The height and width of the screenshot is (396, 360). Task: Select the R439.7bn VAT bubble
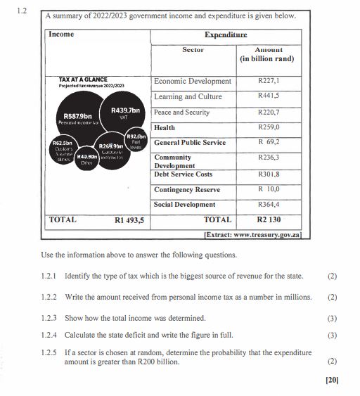point(124,113)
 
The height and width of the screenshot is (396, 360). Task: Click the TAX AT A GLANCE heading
point(83,79)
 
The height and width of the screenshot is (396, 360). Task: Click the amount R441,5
point(269,96)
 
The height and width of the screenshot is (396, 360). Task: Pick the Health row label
point(165,127)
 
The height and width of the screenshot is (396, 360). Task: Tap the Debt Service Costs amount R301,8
point(269,174)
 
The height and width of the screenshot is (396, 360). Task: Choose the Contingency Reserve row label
point(187,189)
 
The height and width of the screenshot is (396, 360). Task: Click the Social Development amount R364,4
point(269,205)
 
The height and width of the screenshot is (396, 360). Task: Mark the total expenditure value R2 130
point(269,220)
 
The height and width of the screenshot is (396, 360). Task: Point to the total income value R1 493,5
point(129,220)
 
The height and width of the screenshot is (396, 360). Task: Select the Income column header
point(62,34)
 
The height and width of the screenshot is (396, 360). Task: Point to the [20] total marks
point(332,380)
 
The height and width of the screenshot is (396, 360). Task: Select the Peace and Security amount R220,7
point(269,112)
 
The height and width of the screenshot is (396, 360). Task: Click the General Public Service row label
point(190,143)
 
